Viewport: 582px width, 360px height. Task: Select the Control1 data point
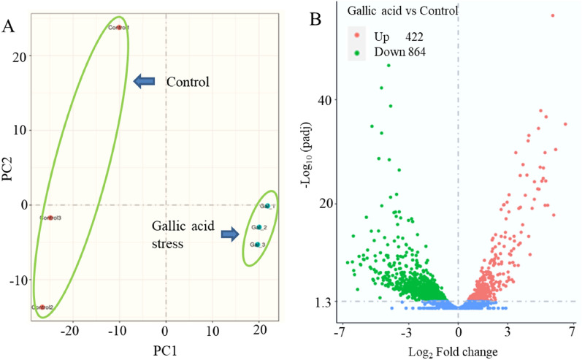[x=119, y=28]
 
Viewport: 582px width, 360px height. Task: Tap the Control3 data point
[x=50, y=218]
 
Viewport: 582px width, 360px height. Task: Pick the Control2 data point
[x=42, y=307]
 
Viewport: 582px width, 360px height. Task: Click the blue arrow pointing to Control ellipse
[x=145, y=81]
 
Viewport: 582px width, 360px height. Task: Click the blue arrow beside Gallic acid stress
[x=229, y=234]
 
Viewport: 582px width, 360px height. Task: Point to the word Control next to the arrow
[x=188, y=82]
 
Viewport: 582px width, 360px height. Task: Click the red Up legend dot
[x=356, y=36]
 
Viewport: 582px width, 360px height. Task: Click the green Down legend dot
[x=356, y=52]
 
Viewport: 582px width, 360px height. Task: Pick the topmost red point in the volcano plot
[x=553, y=15]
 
